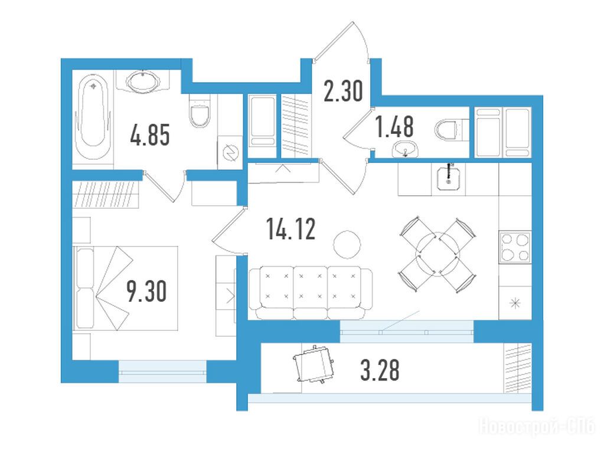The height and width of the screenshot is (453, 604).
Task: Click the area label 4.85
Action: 150,136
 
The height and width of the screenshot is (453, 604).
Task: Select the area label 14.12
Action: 291,229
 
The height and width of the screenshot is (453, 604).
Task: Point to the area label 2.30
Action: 343,91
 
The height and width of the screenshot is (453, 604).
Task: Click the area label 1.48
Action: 395,127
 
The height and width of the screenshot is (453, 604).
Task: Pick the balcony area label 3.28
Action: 380,370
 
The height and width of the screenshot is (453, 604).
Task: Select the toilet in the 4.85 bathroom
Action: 200,111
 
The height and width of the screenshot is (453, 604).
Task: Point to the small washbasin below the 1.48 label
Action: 404,149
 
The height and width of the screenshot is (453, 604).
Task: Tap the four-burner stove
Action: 515,248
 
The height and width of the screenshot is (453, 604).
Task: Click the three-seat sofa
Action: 311,293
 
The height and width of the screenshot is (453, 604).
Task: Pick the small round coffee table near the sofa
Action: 347,244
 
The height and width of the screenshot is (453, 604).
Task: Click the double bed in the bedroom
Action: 126,288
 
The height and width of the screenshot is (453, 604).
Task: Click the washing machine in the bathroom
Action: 229,152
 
